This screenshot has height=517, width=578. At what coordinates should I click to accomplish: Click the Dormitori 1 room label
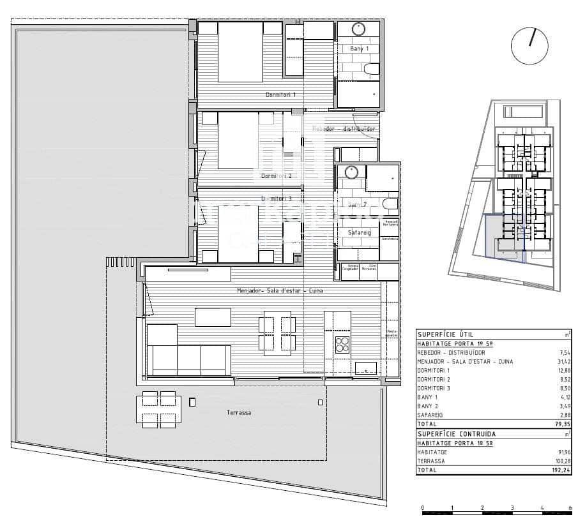click(x=281, y=95)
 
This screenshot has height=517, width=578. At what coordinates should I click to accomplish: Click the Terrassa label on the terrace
click(x=238, y=413)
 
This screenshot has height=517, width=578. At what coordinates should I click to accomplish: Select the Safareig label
click(x=359, y=233)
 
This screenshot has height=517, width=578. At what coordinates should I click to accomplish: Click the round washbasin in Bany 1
click(x=358, y=29)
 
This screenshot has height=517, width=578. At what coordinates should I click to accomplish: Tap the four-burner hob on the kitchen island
click(x=343, y=344)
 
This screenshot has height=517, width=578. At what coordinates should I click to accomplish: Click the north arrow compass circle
click(x=529, y=46)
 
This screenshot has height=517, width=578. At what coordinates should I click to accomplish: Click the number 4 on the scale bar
click(x=542, y=509)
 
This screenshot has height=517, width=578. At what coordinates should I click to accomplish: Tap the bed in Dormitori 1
click(x=241, y=52)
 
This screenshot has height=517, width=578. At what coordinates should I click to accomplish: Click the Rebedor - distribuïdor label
click(x=344, y=129)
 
